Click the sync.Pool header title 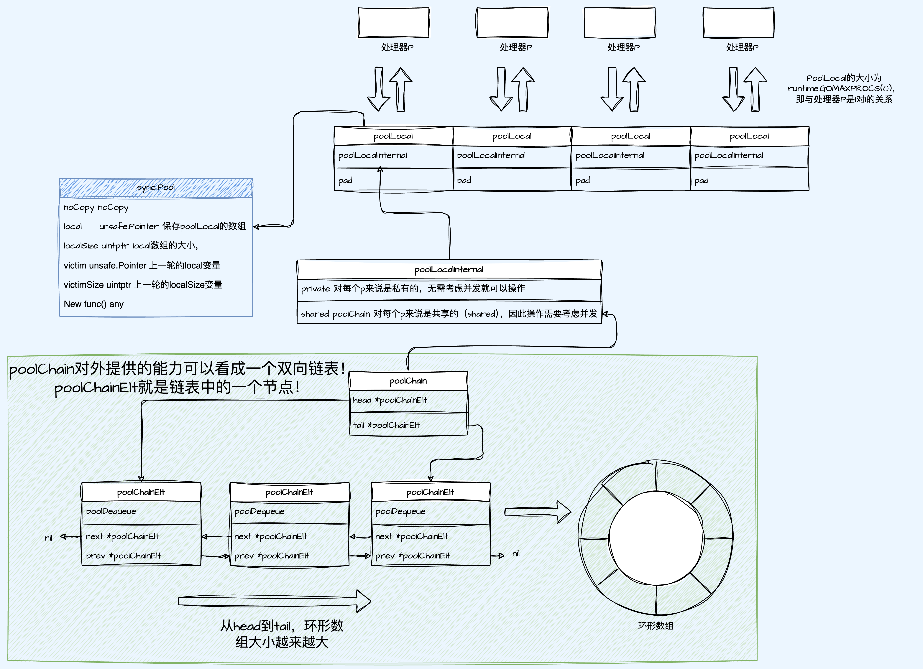pos(156,187)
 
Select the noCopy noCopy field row pos(96,207)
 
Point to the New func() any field pos(94,304)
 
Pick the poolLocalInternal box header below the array pos(449,269)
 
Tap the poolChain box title pos(408,381)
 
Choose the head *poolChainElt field pos(390,400)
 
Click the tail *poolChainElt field pos(386,425)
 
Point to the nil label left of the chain pos(48,538)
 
